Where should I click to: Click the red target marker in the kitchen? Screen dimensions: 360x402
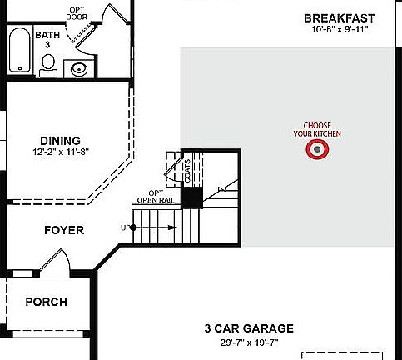coord(317,150)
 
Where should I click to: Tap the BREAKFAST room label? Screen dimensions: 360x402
coord(339,18)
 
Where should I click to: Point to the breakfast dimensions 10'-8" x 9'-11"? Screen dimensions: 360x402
coord(339,30)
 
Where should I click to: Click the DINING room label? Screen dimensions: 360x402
coord(60,141)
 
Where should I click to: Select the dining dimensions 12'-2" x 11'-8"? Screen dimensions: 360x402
coord(60,152)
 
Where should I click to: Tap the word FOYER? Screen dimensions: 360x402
coord(64,230)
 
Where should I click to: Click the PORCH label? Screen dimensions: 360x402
coord(46,302)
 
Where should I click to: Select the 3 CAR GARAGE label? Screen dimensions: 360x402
coord(249,329)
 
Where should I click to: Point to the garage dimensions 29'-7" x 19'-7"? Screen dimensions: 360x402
coord(249,342)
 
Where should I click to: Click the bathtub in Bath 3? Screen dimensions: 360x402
coord(18,52)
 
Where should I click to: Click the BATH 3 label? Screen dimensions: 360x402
coord(47,40)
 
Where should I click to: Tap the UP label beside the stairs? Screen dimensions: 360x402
coord(126,227)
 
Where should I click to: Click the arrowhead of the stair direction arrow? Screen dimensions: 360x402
coord(173,227)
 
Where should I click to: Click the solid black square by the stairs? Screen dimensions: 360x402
coord(192,197)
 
